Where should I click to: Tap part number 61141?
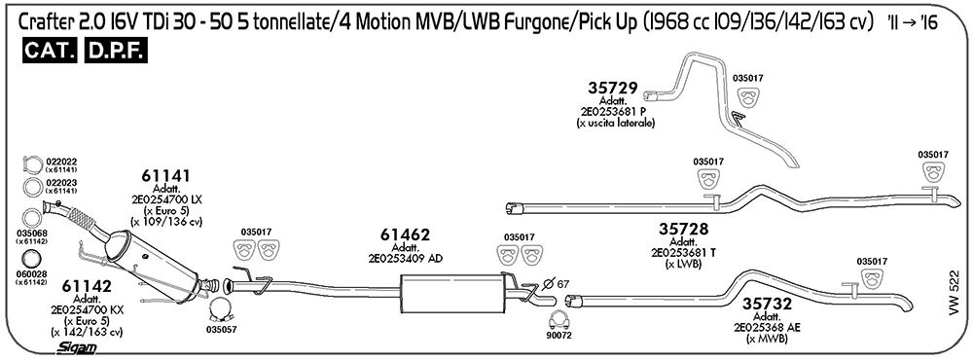pos(165,176)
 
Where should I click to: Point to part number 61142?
pos(87,287)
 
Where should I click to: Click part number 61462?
pos(404,235)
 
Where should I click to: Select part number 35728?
pos(683,230)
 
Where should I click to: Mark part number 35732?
pos(768,305)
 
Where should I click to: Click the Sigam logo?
pos(76,348)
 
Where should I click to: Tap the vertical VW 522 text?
pos(955,292)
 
